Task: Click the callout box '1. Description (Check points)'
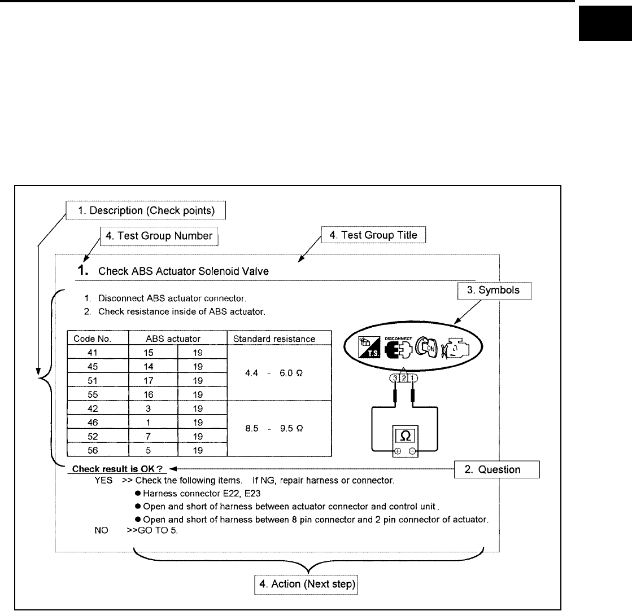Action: [x=146, y=211]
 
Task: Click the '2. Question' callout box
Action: [x=497, y=469]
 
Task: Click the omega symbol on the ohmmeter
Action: [x=404, y=436]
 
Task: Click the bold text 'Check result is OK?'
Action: [x=116, y=469]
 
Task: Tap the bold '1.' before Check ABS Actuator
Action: [x=84, y=271]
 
